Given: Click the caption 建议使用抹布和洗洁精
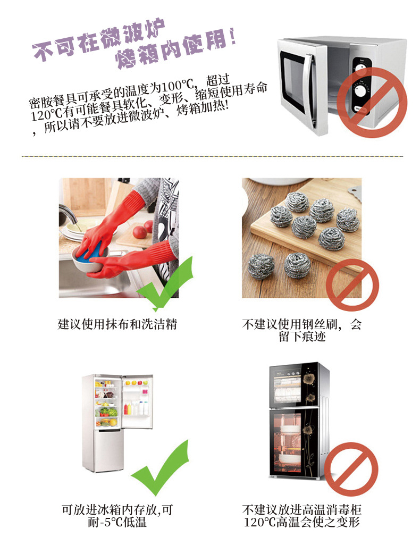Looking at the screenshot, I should (x=117, y=324).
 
